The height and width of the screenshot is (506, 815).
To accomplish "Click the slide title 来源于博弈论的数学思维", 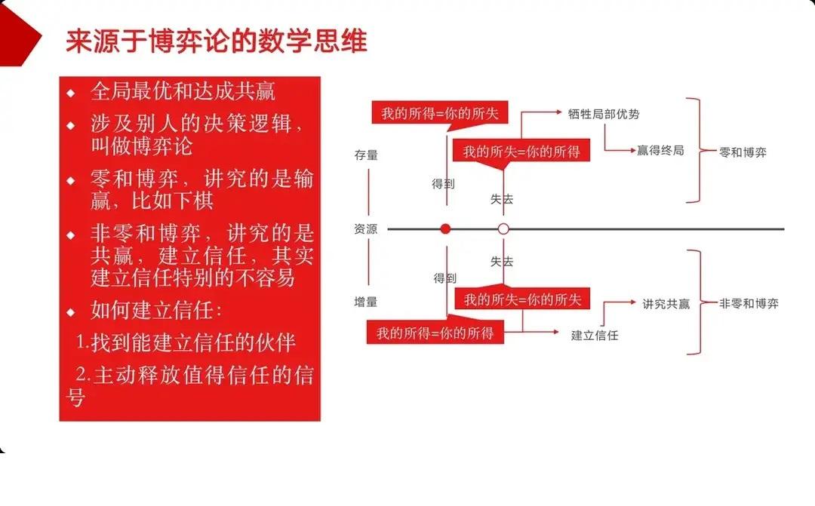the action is coord(217,41).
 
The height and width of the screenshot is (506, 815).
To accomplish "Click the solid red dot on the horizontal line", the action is coord(446,228).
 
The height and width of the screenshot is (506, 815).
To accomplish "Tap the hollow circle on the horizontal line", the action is coord(503,228).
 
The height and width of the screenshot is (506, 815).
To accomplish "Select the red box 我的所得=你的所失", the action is coord(439,113).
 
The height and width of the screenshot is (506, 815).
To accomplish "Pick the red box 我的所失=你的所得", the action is coord(521,151).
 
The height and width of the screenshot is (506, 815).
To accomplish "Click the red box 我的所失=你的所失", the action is coord(523,299).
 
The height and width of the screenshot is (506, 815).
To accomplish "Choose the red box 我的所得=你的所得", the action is coord(435,332).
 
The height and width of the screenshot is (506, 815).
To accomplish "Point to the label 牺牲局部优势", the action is coord(604,114).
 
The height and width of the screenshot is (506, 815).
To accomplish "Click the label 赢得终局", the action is coord(660,150).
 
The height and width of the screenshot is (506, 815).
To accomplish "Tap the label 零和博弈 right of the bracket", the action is coord(743,152).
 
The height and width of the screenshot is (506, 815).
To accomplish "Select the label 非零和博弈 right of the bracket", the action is coord(749,303).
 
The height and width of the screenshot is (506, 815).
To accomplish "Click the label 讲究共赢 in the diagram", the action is coord(666,304).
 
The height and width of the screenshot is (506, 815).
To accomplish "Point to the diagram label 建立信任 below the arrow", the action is coord(595,335).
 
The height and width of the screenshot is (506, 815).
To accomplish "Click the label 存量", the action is coord(366,155).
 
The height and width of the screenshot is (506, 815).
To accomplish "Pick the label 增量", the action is coord(366,302).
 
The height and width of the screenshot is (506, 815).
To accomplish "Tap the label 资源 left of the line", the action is coord(366,228).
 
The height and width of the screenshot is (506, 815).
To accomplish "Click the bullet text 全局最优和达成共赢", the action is coord(183,92).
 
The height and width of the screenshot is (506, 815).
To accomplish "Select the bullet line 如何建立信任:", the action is coord(156,311).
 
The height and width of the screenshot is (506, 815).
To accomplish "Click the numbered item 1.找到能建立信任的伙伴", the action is coord(186,343).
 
